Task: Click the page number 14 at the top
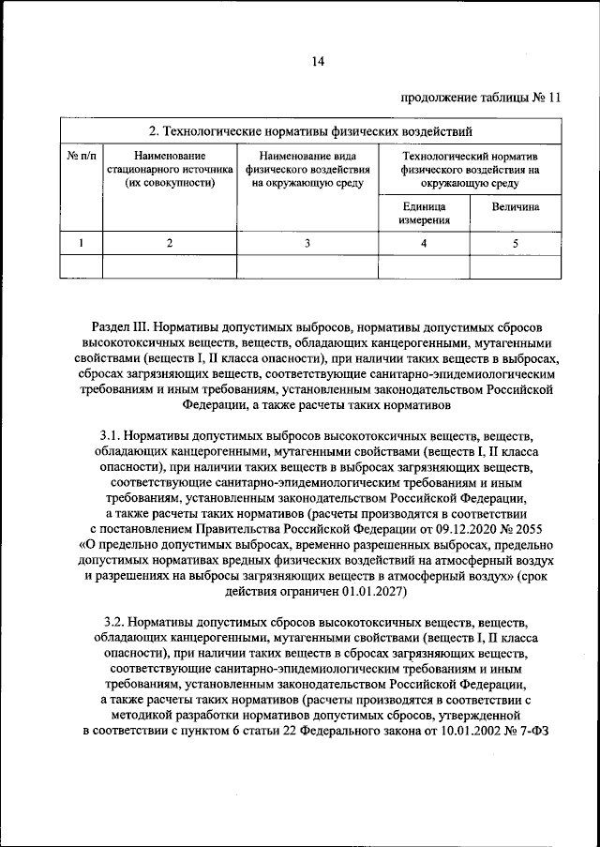317,62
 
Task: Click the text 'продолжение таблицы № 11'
480,97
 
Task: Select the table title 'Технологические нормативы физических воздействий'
311,129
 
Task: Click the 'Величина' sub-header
515,206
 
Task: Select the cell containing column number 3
307,243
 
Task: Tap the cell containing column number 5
515,243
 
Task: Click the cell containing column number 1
81,243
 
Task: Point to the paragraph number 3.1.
112,437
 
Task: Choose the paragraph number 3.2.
112,621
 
